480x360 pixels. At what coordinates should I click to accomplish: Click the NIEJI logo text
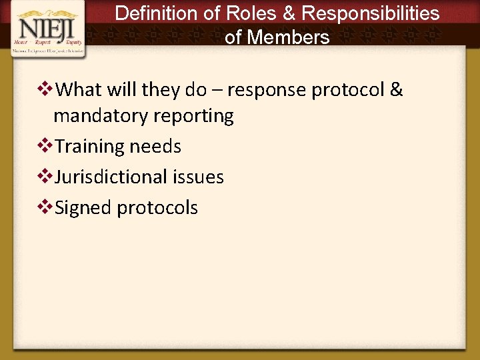48,29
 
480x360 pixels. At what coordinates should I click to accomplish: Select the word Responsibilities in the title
371,13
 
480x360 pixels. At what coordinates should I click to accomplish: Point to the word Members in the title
287,37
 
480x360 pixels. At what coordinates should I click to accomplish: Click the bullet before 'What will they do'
46,89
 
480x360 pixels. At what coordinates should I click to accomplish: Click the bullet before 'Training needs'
46,145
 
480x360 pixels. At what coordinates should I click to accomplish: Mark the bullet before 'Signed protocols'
46,207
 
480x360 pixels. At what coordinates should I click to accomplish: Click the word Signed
83,208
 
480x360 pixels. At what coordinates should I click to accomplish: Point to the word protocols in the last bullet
157,208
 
